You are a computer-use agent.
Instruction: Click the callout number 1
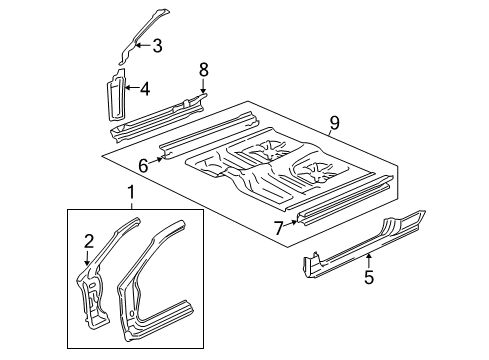point(128,191)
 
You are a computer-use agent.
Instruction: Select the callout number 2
point(88,239)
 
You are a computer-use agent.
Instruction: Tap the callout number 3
point(157,44)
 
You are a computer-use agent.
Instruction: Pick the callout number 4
point(145,89)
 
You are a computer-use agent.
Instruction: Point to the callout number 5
point(369,278)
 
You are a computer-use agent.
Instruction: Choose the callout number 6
point(144,166)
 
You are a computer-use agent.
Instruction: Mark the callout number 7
point(279,228)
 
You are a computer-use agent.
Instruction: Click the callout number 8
point(203,70)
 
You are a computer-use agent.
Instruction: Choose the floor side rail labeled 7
point(340,201)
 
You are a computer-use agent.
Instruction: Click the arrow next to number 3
point(141,44)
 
